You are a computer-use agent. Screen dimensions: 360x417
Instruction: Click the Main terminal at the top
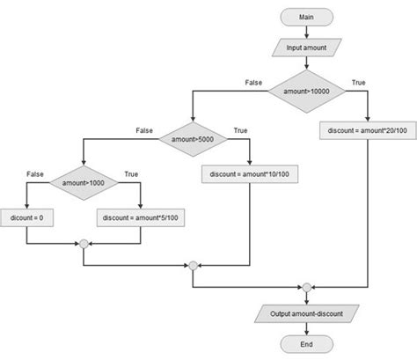[x=305, y=18]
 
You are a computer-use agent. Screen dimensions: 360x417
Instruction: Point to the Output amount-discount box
[x=305, y=313]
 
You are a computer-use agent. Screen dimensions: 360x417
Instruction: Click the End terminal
[x=305, y=344]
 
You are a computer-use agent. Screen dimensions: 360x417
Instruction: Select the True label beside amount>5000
[x=240, y=130]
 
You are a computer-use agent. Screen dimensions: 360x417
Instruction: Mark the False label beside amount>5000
[x=144, y=130]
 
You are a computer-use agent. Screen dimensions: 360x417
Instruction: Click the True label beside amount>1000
[x=132, y=174]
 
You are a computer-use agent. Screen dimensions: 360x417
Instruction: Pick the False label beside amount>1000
[x=35, y=174]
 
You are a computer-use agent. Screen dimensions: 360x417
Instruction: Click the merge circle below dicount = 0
[x=83, y=244]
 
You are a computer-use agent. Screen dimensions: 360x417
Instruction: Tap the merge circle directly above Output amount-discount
[x=305, y=287]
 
